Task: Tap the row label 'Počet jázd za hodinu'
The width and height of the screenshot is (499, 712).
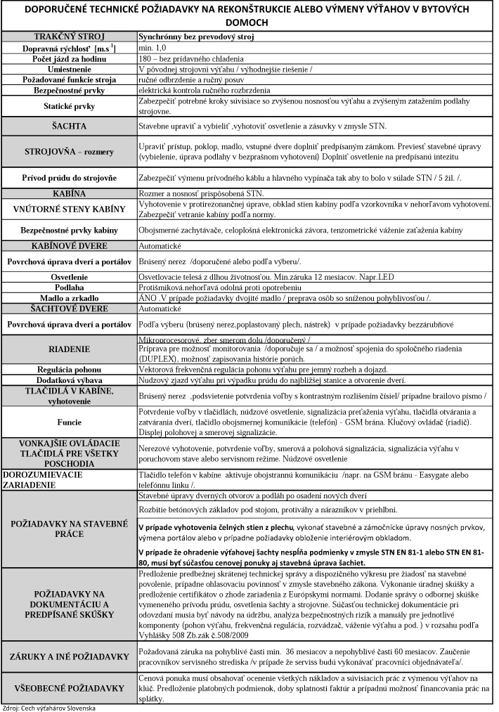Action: (69, 58)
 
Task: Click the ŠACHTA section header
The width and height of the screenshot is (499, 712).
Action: (69, 127)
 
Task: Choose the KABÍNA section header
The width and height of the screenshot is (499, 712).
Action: (69, 193)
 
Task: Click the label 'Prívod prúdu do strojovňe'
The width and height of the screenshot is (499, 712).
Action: (69, 178)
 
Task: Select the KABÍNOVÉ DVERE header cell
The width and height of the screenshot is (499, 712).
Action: (69, 246)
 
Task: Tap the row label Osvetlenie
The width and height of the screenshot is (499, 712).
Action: (69, 278)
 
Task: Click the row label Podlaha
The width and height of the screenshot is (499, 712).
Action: (69, 288)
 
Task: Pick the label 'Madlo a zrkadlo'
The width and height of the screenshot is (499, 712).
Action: (69, 298)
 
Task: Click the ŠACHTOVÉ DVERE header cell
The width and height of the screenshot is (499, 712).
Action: (69, 308)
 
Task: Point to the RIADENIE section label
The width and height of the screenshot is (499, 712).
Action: (69, 349)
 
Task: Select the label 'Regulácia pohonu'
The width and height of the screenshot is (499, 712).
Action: (69, 369)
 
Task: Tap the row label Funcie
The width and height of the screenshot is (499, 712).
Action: (69, 422)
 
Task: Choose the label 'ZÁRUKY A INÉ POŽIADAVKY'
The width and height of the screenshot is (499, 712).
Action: (69, 657)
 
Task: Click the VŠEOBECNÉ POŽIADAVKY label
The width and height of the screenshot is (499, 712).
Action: (69, 687)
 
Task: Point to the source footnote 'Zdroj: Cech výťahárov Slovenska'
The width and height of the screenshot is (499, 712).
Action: (49, 707)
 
